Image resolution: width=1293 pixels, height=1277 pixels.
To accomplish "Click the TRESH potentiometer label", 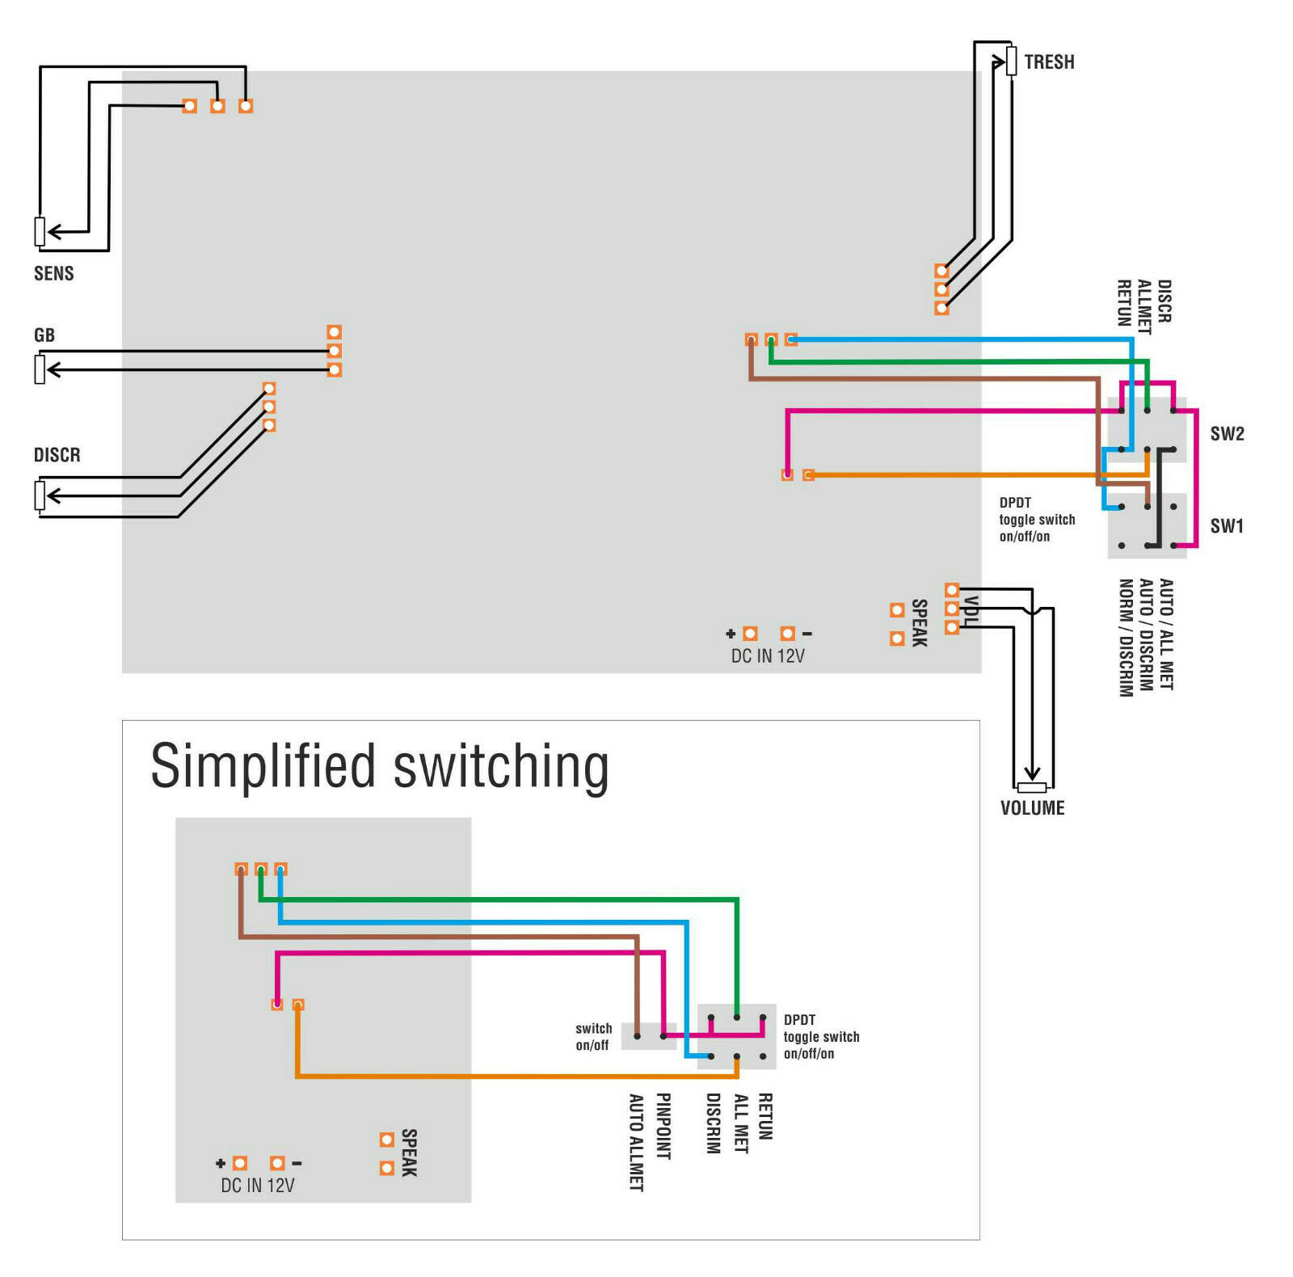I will pyautogui.click(x=1049, y=62).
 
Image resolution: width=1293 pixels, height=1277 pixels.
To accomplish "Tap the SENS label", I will pyautogui.click(x=53, y=273).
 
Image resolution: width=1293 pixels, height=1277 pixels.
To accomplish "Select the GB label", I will pyautogui.click(x=44, y=335).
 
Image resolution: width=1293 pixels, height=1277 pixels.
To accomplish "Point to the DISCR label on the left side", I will pyautogui.click(x=57, y=455).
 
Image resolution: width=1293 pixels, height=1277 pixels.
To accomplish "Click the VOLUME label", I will pyautogui.click(x=1032, y=807).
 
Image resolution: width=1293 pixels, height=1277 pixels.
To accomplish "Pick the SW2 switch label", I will pyautogui.click(x=1227, y=434).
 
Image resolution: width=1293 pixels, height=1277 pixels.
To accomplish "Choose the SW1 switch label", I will pyautogui.click(x=1227, y=526).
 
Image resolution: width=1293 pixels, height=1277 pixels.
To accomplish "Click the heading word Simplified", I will pyautogui.click(x=263, y=765).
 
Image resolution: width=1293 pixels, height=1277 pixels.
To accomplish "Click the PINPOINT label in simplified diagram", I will pyautogui.click(x=663, y=1126).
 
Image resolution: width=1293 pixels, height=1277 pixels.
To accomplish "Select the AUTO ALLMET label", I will pyautogui.click(x=636, y=1142).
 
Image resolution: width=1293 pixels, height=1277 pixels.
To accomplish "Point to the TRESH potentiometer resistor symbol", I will pyautogui.click(x=1011, y=61).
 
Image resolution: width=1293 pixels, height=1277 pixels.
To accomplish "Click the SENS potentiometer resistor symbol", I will pyautogui.click(x=40, y=232).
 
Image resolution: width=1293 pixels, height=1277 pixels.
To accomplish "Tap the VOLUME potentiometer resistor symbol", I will pyautogui.click(x=1032, y=787).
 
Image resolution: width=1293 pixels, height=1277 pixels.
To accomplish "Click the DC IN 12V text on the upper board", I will pyautogui.click(x=768, y=655).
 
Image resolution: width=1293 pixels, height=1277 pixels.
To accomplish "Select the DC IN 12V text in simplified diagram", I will pyautogui.click(x=258, y=1186).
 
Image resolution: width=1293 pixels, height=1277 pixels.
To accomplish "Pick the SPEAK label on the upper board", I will pyautogui.click(x=919, y=623).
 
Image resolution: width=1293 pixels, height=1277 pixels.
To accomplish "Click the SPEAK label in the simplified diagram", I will pyautogui.click(x=409, y=1153).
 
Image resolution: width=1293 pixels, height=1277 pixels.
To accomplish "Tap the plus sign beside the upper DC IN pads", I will pyautogui.click(x=731, y=634).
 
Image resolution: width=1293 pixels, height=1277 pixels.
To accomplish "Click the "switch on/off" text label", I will pyautogui.click(x=593, y=1037).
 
